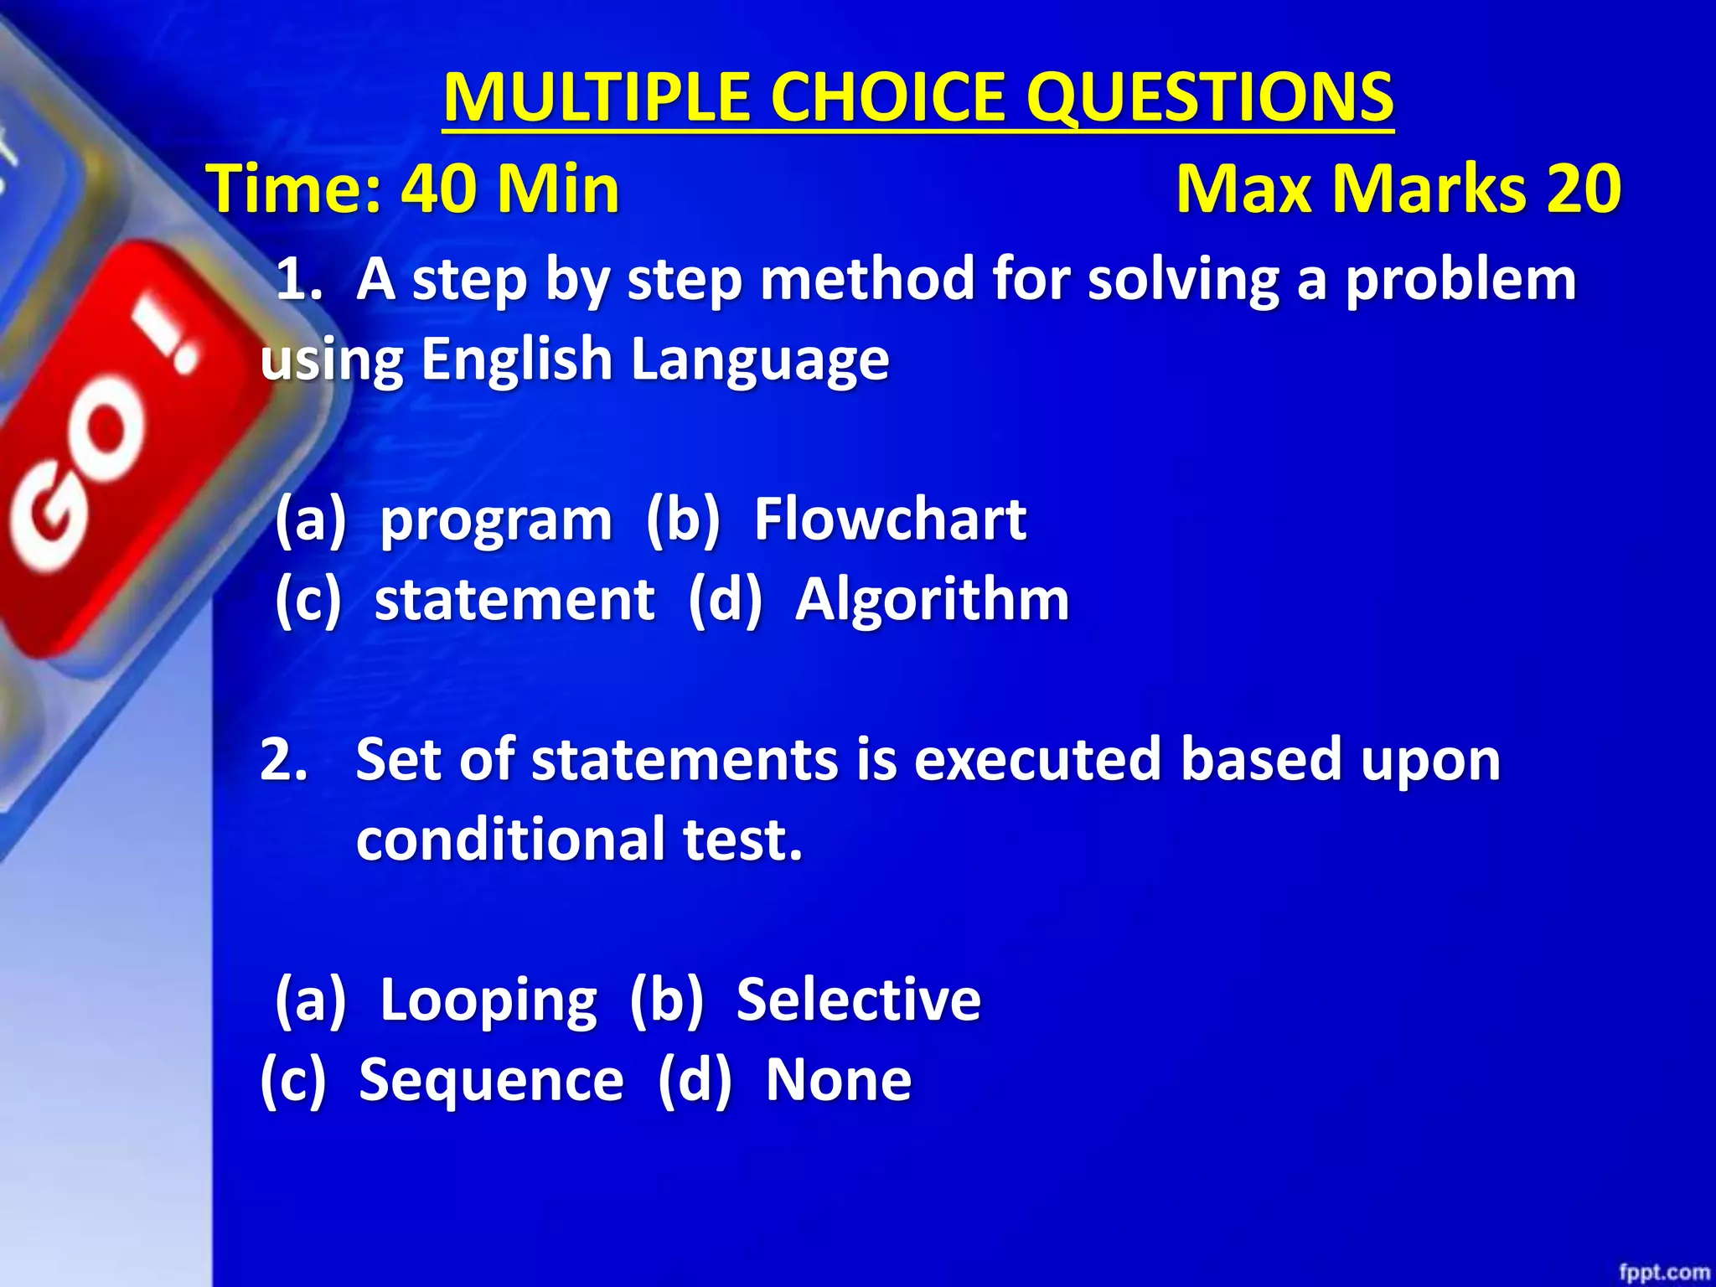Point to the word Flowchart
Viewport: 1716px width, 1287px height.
[x=890, y=519]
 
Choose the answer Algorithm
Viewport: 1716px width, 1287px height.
[x=932, y=600]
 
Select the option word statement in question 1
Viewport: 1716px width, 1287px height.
[x=514, y=600]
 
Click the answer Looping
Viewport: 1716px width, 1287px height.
[x=488, y=1000]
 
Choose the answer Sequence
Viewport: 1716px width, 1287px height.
[x=491, y=1081]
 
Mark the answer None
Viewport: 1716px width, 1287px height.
[x=839, y=1079]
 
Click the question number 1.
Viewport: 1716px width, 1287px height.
[x=297, y=280]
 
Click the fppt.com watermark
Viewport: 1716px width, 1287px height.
[x=1664, y=1272]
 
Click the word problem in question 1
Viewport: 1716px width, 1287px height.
[x=1460, y=280]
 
